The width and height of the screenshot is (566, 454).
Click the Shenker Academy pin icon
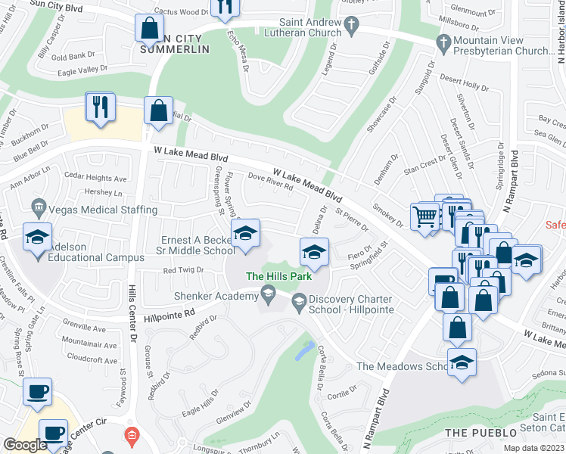tap(266, 292)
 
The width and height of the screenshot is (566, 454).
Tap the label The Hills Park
tap(279, 276)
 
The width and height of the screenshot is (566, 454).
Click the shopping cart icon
tap(424, 216)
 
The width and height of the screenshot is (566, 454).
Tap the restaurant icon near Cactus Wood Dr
tap(225, 7)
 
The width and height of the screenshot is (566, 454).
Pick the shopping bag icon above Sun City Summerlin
tap(149, 29)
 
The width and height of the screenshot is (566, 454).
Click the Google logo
tap(24, 444)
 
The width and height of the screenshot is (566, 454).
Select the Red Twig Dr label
tap(184, 270)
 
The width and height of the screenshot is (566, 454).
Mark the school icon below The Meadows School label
tap(461, 362)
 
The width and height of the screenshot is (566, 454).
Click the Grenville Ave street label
tap(84, 328)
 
